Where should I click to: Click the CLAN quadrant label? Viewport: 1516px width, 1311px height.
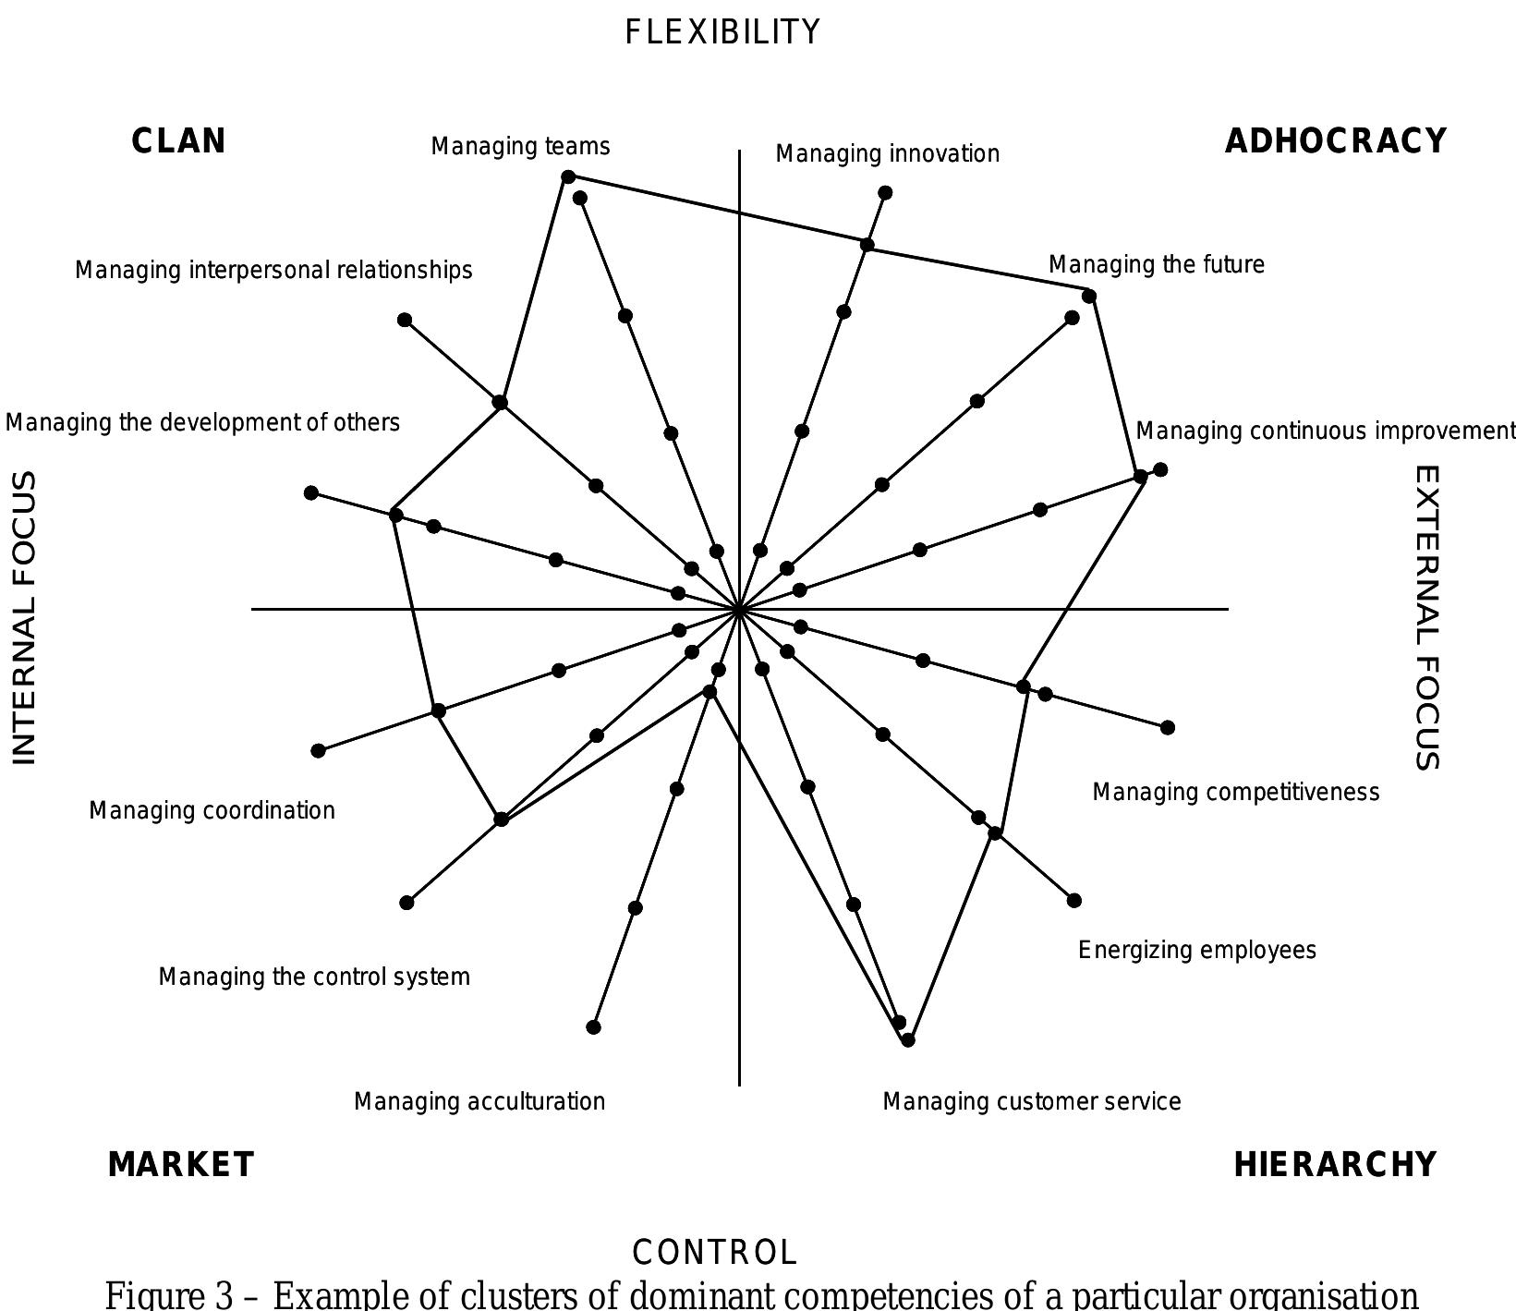point(178,141)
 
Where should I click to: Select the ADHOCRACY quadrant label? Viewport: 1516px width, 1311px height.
point(1335,141)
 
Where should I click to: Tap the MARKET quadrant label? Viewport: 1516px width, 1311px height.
point(181,1165)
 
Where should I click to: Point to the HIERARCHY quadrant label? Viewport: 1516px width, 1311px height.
point(1335,1165)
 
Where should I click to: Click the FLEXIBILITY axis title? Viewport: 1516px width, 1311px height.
point(722,32)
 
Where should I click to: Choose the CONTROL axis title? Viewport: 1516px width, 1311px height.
point(714,1253)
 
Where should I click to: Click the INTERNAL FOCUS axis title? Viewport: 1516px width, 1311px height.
point(25,617)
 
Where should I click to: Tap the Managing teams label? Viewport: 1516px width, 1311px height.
point(520,147)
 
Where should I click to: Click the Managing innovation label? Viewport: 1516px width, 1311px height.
point(887,153)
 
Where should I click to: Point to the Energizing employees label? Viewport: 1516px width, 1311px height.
point(1196,950)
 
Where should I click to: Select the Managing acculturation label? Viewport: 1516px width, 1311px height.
point(479,1101)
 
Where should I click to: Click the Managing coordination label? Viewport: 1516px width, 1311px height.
point(212,810)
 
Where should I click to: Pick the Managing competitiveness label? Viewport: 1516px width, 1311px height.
point(1235,792)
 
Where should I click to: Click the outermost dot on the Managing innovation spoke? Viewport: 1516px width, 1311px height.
point(885,193)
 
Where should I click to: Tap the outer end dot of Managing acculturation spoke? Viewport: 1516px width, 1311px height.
point(594,1026)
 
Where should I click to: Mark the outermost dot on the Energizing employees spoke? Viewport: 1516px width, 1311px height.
point(1073,900)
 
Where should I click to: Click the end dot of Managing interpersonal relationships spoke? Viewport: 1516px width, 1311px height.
point(405,320)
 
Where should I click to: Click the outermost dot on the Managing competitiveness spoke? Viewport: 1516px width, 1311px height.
point(1167,728)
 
